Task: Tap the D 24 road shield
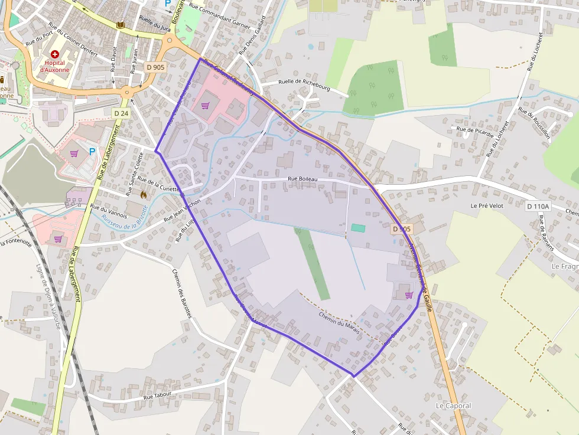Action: [121, 113]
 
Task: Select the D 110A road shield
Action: [538, 206]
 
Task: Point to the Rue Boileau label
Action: [303, 179]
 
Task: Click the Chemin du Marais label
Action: [339, 322]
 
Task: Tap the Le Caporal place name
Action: [453, 406]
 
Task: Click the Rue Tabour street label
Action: [157, 395]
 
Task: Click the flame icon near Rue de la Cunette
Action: [143, 194]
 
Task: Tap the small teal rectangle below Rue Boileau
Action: [358, 227]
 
